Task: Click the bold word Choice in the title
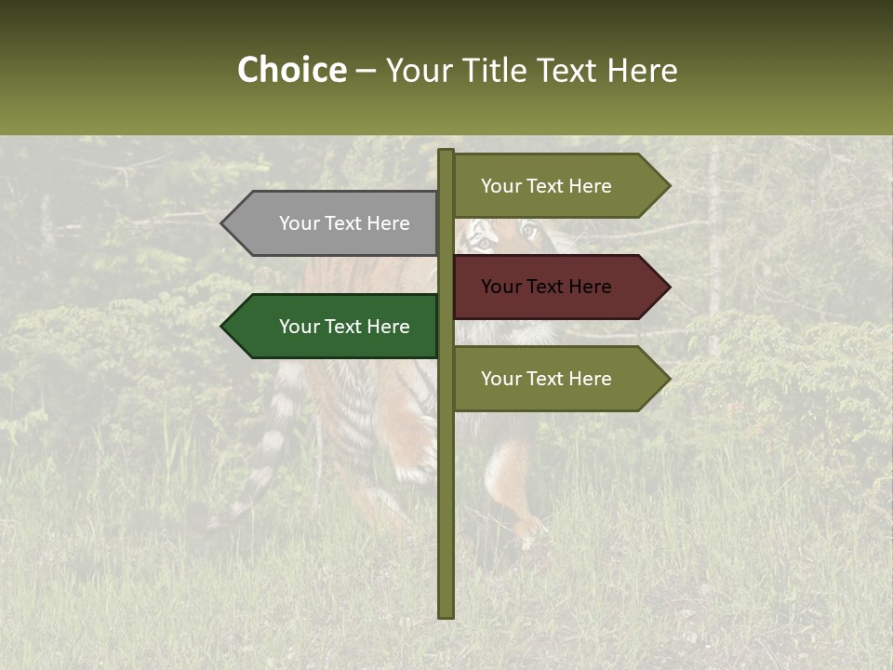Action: (291, 70)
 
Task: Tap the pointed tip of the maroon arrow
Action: (669, 287)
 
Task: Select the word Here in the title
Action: (642, 70)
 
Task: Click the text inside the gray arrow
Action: (344, 223)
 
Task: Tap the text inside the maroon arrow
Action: (546, 287)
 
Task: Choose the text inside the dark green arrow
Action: (344, 327)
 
